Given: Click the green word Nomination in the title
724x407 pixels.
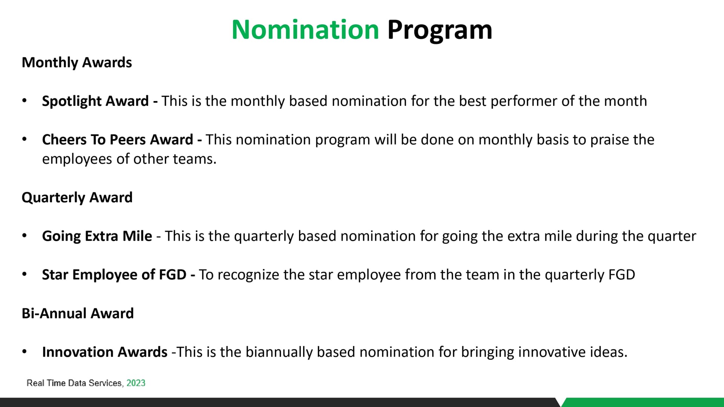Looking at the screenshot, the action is pyautogui.click(x=305, y=29).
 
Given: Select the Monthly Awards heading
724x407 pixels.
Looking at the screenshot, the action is pyautogui.click(x=77, y=63).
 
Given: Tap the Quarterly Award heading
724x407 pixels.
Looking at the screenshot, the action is pyautogui.click(x=77, y=198).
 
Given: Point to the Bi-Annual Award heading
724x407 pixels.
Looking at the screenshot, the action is pyautogui.click(x=78, y=313).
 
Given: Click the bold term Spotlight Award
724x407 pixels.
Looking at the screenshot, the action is pyautogui.click(x=95, y=101).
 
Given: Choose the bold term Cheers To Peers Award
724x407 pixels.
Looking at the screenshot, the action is pyautogui.click(x=118, y=139).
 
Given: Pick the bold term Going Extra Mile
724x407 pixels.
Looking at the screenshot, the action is pyautogui.click(x=97, y=236).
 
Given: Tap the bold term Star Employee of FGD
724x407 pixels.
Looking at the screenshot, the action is pyautogui.click(x=114, y=275).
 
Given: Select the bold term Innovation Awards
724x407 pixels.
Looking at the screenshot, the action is pyautogui.click(x=105, y=352).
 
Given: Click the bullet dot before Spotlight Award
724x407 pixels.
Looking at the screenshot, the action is pyautogui.click(x=25, y=101).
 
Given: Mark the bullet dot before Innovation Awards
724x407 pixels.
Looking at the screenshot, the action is pyautogui.click(x=25, y=351).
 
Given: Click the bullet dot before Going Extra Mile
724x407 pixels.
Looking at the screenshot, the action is pyautogui.click(x=25, y=236).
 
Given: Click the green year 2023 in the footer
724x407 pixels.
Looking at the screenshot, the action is pyautogui.click(x=136, y=383).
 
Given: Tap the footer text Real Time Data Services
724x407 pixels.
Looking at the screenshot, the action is pyautogui.click(x=74, y=383).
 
